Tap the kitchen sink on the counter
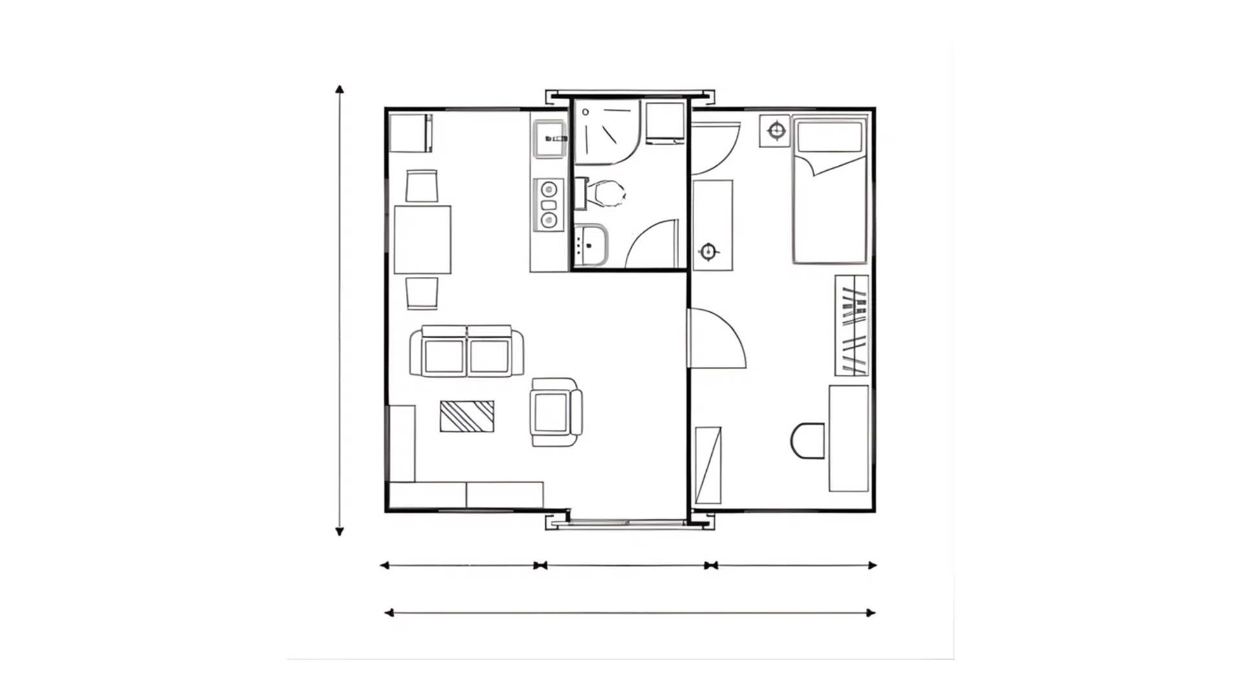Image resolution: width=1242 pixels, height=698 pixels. click(x=549, y=139)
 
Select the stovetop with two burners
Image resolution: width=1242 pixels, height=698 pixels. click(x=549, y=205)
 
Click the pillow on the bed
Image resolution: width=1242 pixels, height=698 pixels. click(x=829, y=136)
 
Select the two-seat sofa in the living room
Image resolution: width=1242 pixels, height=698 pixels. click(x=466, y=352)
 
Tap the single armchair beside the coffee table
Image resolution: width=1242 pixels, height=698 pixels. click(x=555, y=412)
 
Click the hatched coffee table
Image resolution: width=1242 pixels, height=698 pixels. click(x=466, y=416)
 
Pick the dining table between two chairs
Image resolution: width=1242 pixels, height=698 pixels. click(x=422, y=239)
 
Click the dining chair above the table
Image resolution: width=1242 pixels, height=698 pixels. click(x=422, y=186)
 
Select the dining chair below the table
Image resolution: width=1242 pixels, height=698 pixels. click(x=422, y=293)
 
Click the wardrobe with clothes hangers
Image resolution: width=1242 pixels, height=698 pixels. click(x=851, y=325)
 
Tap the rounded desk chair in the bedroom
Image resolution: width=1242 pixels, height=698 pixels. click(x=808, y=441)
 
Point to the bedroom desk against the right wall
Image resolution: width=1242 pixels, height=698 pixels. click(x=849, y=438)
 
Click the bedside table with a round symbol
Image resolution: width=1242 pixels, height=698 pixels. click(x=776, y=132)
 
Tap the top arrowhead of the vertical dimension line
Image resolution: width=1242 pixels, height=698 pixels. click(x=340, y=89)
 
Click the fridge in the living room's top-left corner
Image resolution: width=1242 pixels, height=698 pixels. click(x=410, y=132)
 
